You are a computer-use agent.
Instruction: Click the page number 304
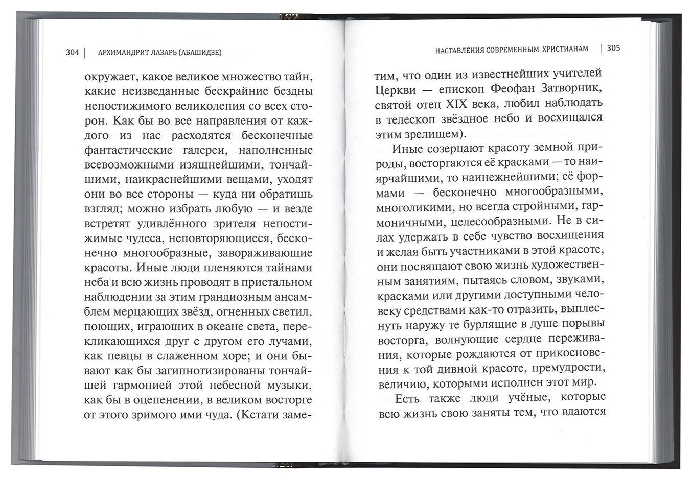point(72,52)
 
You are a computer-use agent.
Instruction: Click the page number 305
point(613,48)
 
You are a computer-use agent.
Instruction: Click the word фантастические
point(122,150)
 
